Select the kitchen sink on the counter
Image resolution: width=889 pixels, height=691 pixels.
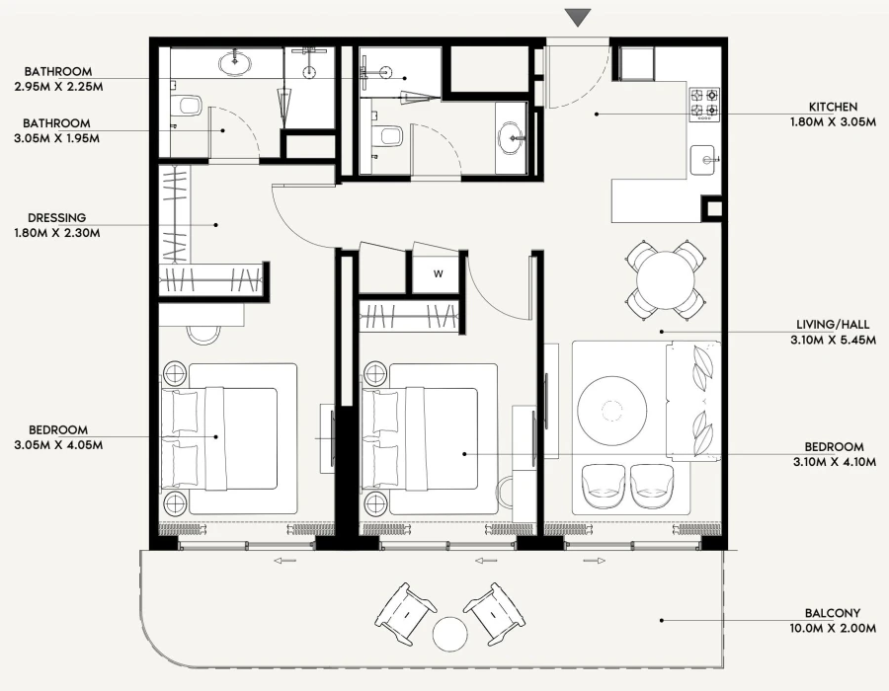[x=705, y=159]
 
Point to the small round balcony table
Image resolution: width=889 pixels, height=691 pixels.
[x=449, y=632]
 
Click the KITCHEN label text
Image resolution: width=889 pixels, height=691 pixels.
[x=833, y=107]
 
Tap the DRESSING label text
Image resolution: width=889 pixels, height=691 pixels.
[x=57, y=218]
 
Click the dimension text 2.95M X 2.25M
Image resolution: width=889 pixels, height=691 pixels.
[x=58, y=87]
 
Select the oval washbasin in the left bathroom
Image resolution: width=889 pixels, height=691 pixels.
[x=235, y=64]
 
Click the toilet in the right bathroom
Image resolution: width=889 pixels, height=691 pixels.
[x=386, y=135]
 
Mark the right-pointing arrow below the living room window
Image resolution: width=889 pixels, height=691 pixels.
[x=595, y=561]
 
